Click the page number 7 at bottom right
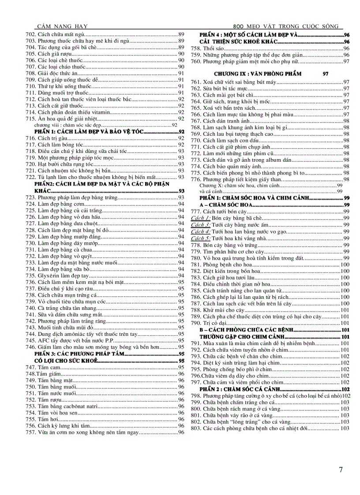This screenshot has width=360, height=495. [341, 470]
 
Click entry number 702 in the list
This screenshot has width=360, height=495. [31, 34]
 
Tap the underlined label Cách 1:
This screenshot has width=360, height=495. [201, 218]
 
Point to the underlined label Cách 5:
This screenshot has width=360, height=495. [201, 238]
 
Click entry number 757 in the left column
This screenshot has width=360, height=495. [31, 432]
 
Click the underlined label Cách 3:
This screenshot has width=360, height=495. [201, 225]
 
